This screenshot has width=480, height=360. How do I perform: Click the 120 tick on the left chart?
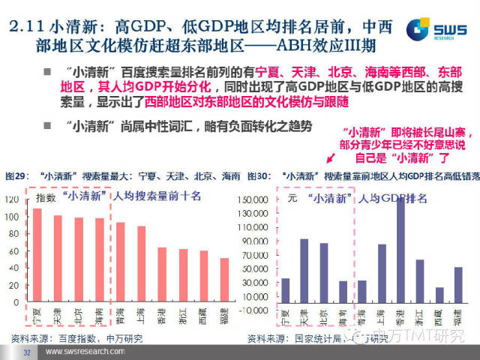11,200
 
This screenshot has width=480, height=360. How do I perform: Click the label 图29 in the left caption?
15,175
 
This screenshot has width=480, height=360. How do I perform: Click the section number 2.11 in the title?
30,28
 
